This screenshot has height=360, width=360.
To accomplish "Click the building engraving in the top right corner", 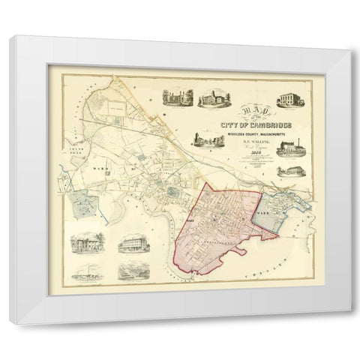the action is pos(290,100).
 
